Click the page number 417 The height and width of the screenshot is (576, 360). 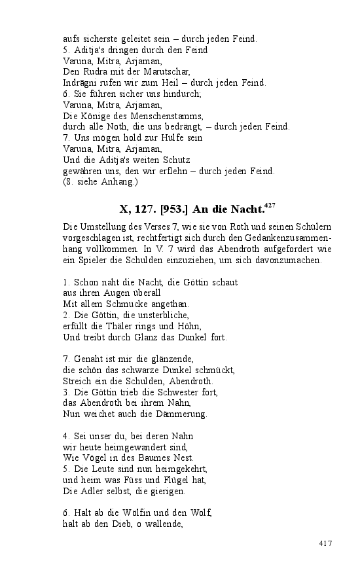[326, 543]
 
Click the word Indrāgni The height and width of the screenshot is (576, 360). [81, 82]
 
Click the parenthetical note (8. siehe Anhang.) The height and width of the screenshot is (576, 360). [100, 182]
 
